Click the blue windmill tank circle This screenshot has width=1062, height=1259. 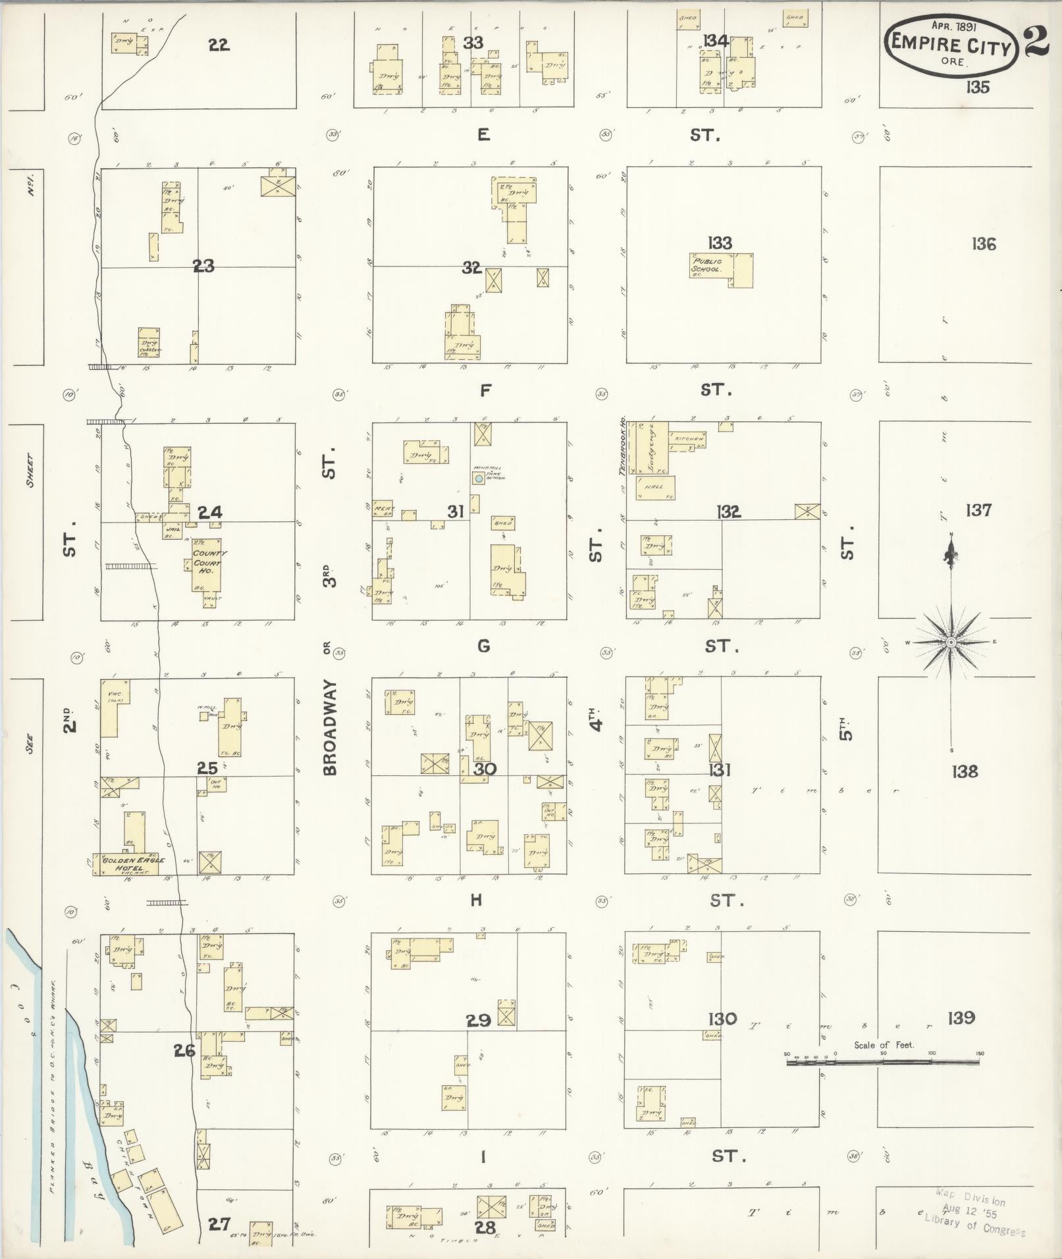click(479, 478)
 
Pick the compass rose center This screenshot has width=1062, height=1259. click(951, 642)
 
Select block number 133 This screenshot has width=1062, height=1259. click(720, 243)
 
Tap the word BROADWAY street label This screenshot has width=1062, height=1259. click(331, 727)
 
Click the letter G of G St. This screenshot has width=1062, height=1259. click(484, 646)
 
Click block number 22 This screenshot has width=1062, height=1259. click(219, 45)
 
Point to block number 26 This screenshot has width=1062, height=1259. click(184, 1050)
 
